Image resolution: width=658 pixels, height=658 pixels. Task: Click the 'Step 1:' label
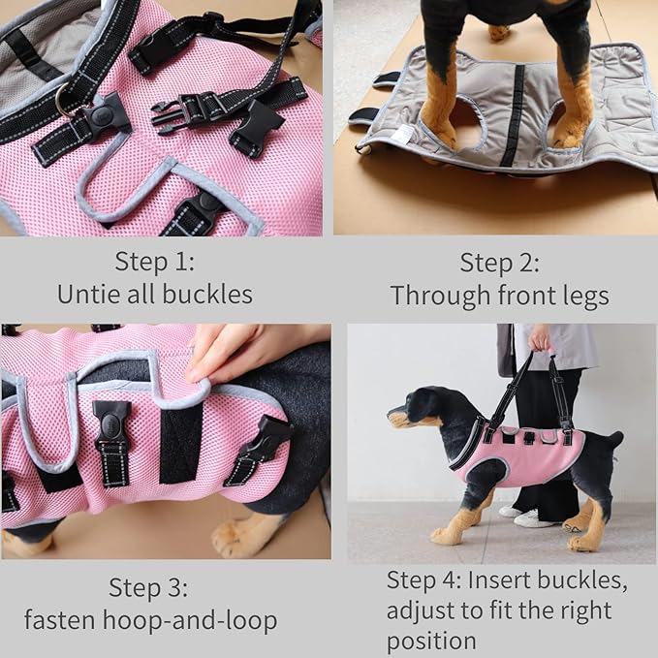coord(155,262)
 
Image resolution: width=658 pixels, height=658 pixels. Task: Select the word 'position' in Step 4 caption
coord(431,641)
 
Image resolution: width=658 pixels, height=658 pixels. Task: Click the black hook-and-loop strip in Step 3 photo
coord(181,442)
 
